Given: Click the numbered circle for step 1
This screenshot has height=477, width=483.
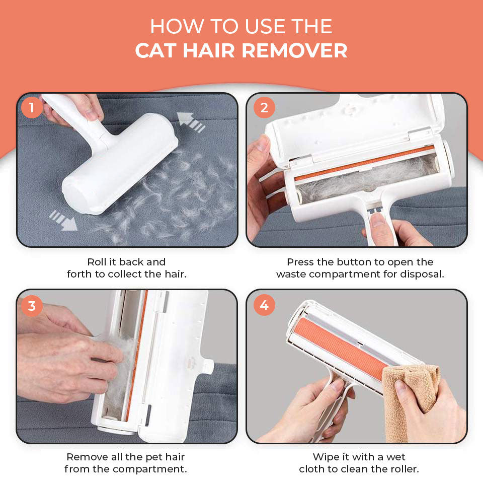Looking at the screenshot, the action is click(x=31, y=108).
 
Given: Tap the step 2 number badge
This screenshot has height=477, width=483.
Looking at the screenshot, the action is click(x=264, y=108).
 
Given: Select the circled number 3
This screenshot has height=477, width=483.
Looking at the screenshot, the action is click(x=32, y=306).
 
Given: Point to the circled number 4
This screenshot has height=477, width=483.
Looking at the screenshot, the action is click(x=264, y=305).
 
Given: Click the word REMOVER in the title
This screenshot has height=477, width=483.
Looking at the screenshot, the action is click(x=294, y=50).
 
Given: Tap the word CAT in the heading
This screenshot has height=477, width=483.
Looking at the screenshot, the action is click(x=155, y=50).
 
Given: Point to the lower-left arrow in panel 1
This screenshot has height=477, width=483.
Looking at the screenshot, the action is click(x=63, y=221).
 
